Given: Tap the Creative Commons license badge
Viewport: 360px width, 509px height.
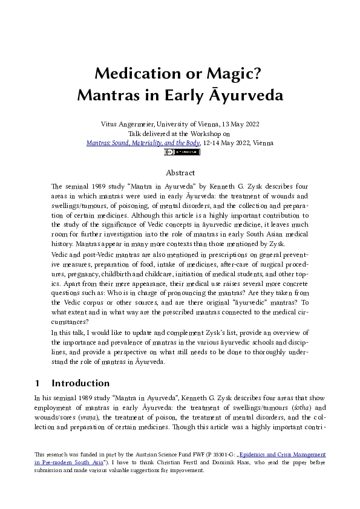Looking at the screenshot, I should click(182, 152).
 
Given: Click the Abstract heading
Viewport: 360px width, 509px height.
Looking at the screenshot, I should click(180, 173).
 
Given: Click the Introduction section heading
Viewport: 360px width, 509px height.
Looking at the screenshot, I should click(80, 383).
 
